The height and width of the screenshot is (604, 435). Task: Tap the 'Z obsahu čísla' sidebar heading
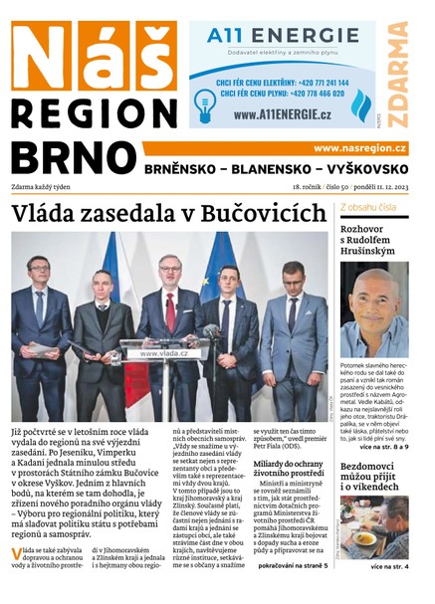(x=369, y=207)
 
